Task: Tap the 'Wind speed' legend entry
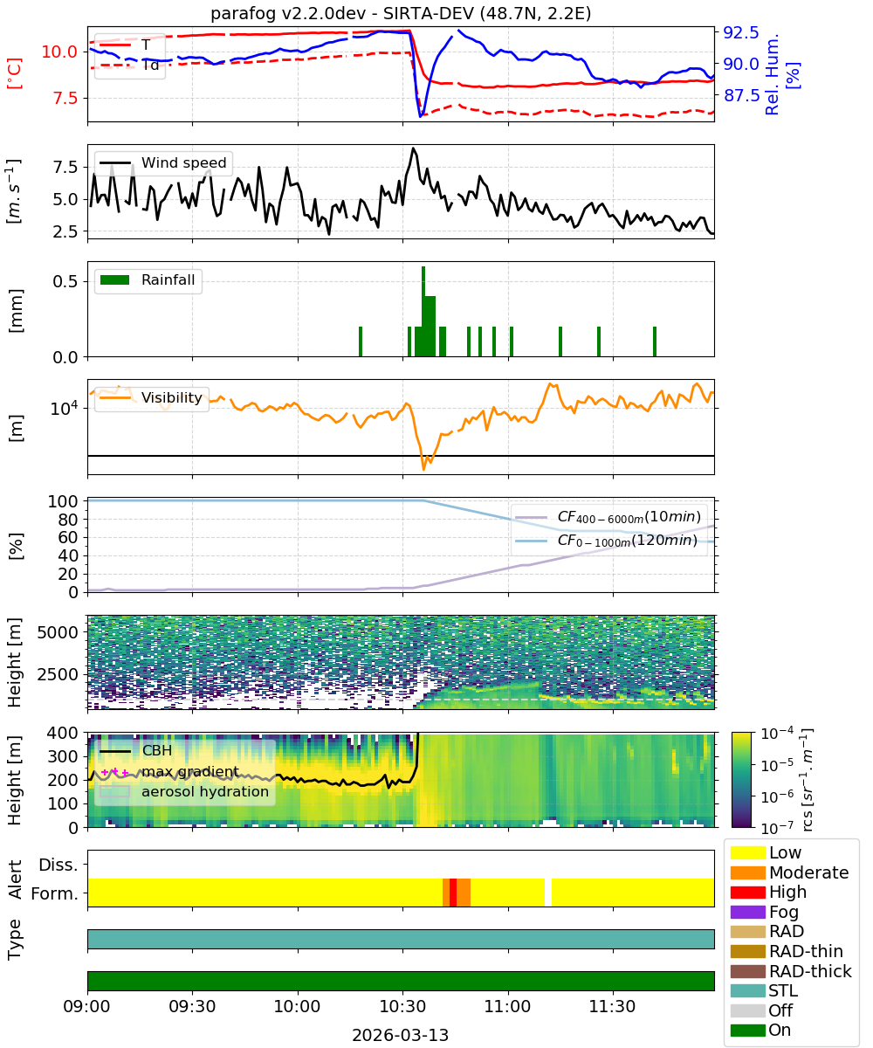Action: coord(163,162)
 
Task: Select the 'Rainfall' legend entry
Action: coord(148,279)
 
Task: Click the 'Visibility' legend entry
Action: coord(152,397)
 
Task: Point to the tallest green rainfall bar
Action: coord(423,311)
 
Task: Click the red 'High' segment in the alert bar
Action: coord(452,893)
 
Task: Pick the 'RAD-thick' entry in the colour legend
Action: coord(791,971)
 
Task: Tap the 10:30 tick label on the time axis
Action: coord(402,1006)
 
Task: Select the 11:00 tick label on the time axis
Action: coord(508,1006)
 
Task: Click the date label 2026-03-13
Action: coord(401,1035)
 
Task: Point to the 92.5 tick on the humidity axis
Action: coord(741,32)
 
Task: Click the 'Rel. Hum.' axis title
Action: coord(772,74)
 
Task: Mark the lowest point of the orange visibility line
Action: coord(424,470)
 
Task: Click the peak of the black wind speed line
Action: coord(413,148)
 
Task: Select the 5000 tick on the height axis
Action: coord(58,632)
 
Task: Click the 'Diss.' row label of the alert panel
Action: coord(58,865)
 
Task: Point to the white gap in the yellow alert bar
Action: coord(548,893)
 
